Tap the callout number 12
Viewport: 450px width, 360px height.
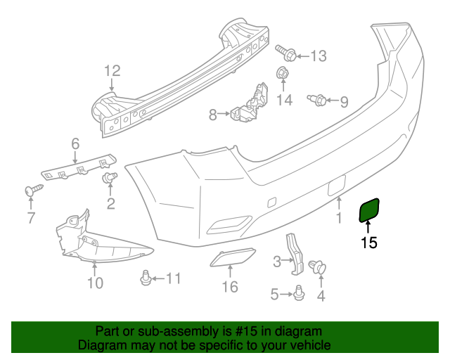(112, 70)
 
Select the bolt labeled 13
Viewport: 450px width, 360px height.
(284, 53)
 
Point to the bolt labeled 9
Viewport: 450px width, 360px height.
(316, 101)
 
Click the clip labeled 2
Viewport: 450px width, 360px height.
(110, 179)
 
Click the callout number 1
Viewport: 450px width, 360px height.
(339, 219)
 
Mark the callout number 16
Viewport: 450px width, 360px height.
(230, 287)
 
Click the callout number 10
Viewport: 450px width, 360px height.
(95, 283)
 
